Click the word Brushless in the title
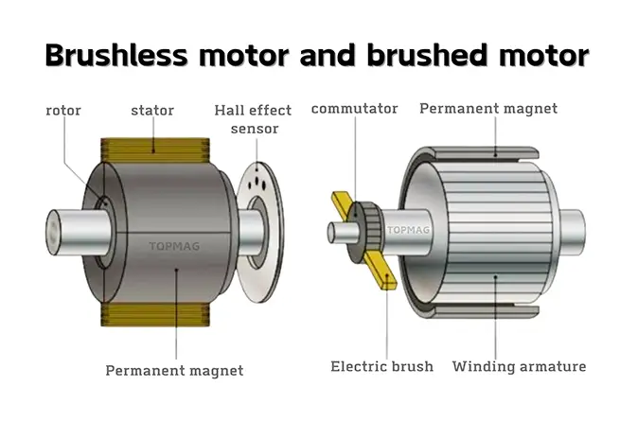click(x=116, y=55)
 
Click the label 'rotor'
click(x=63, y=111)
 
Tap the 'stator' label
click(x=152, y=111)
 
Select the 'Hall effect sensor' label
click(x=253, y=119)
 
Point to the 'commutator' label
click(x=354, y=109)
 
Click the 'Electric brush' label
click(x=382, y=366)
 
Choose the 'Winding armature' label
click(x=519, y=366)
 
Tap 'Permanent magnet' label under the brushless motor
click(x=174, y=371)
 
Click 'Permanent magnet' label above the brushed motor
click(x=488, y=109)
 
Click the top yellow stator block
click(x=155, y=149)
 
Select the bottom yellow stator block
click(x=155, y=314)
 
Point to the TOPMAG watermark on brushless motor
click(x=174, y=246)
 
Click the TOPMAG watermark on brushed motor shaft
click(x=408, y=230)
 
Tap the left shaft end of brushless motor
click(x=53, y=233)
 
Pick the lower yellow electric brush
click(x=381, y=272)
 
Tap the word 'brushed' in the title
click(x=428, y=55)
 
